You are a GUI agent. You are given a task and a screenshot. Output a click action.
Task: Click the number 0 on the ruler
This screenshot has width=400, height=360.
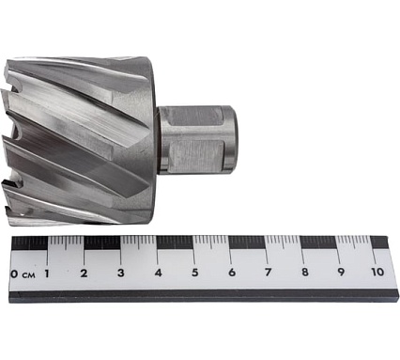(x=14, y=274)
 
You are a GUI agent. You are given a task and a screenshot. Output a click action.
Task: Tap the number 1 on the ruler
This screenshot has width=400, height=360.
(x=47, y=274)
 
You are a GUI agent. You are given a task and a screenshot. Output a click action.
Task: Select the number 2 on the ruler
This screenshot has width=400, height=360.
(x=84, y=274)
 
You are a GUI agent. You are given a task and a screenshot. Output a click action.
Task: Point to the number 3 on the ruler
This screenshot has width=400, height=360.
(x=121, y=273)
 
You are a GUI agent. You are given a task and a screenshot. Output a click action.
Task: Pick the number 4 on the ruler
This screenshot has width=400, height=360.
(x=159, y=273)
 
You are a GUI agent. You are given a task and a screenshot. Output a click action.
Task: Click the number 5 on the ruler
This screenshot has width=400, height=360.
(x=195, y=273)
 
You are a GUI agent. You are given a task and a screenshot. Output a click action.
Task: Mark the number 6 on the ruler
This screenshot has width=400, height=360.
(x=232, y=273)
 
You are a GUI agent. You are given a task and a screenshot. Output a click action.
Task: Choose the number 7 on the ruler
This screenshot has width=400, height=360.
(x=268, y=273)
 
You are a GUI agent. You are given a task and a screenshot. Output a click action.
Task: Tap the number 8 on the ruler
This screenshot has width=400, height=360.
(x=305, y=272)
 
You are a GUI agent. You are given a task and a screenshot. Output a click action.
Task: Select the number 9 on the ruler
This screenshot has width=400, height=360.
(x=341, y=272)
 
